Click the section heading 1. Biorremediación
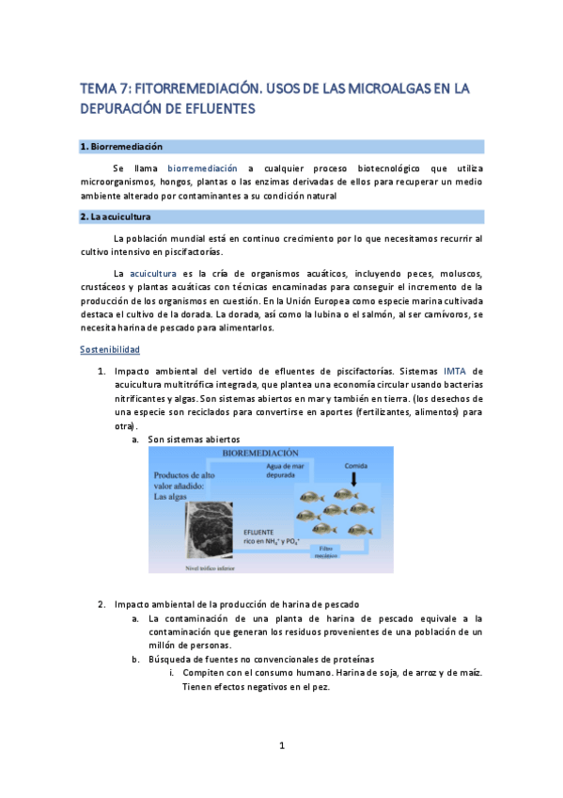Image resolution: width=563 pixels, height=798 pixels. [122, 147]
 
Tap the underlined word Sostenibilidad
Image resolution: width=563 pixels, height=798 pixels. [110, 349]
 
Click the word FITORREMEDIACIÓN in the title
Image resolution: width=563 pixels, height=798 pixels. [196, 89]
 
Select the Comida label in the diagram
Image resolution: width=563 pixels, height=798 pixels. [353, 465]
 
